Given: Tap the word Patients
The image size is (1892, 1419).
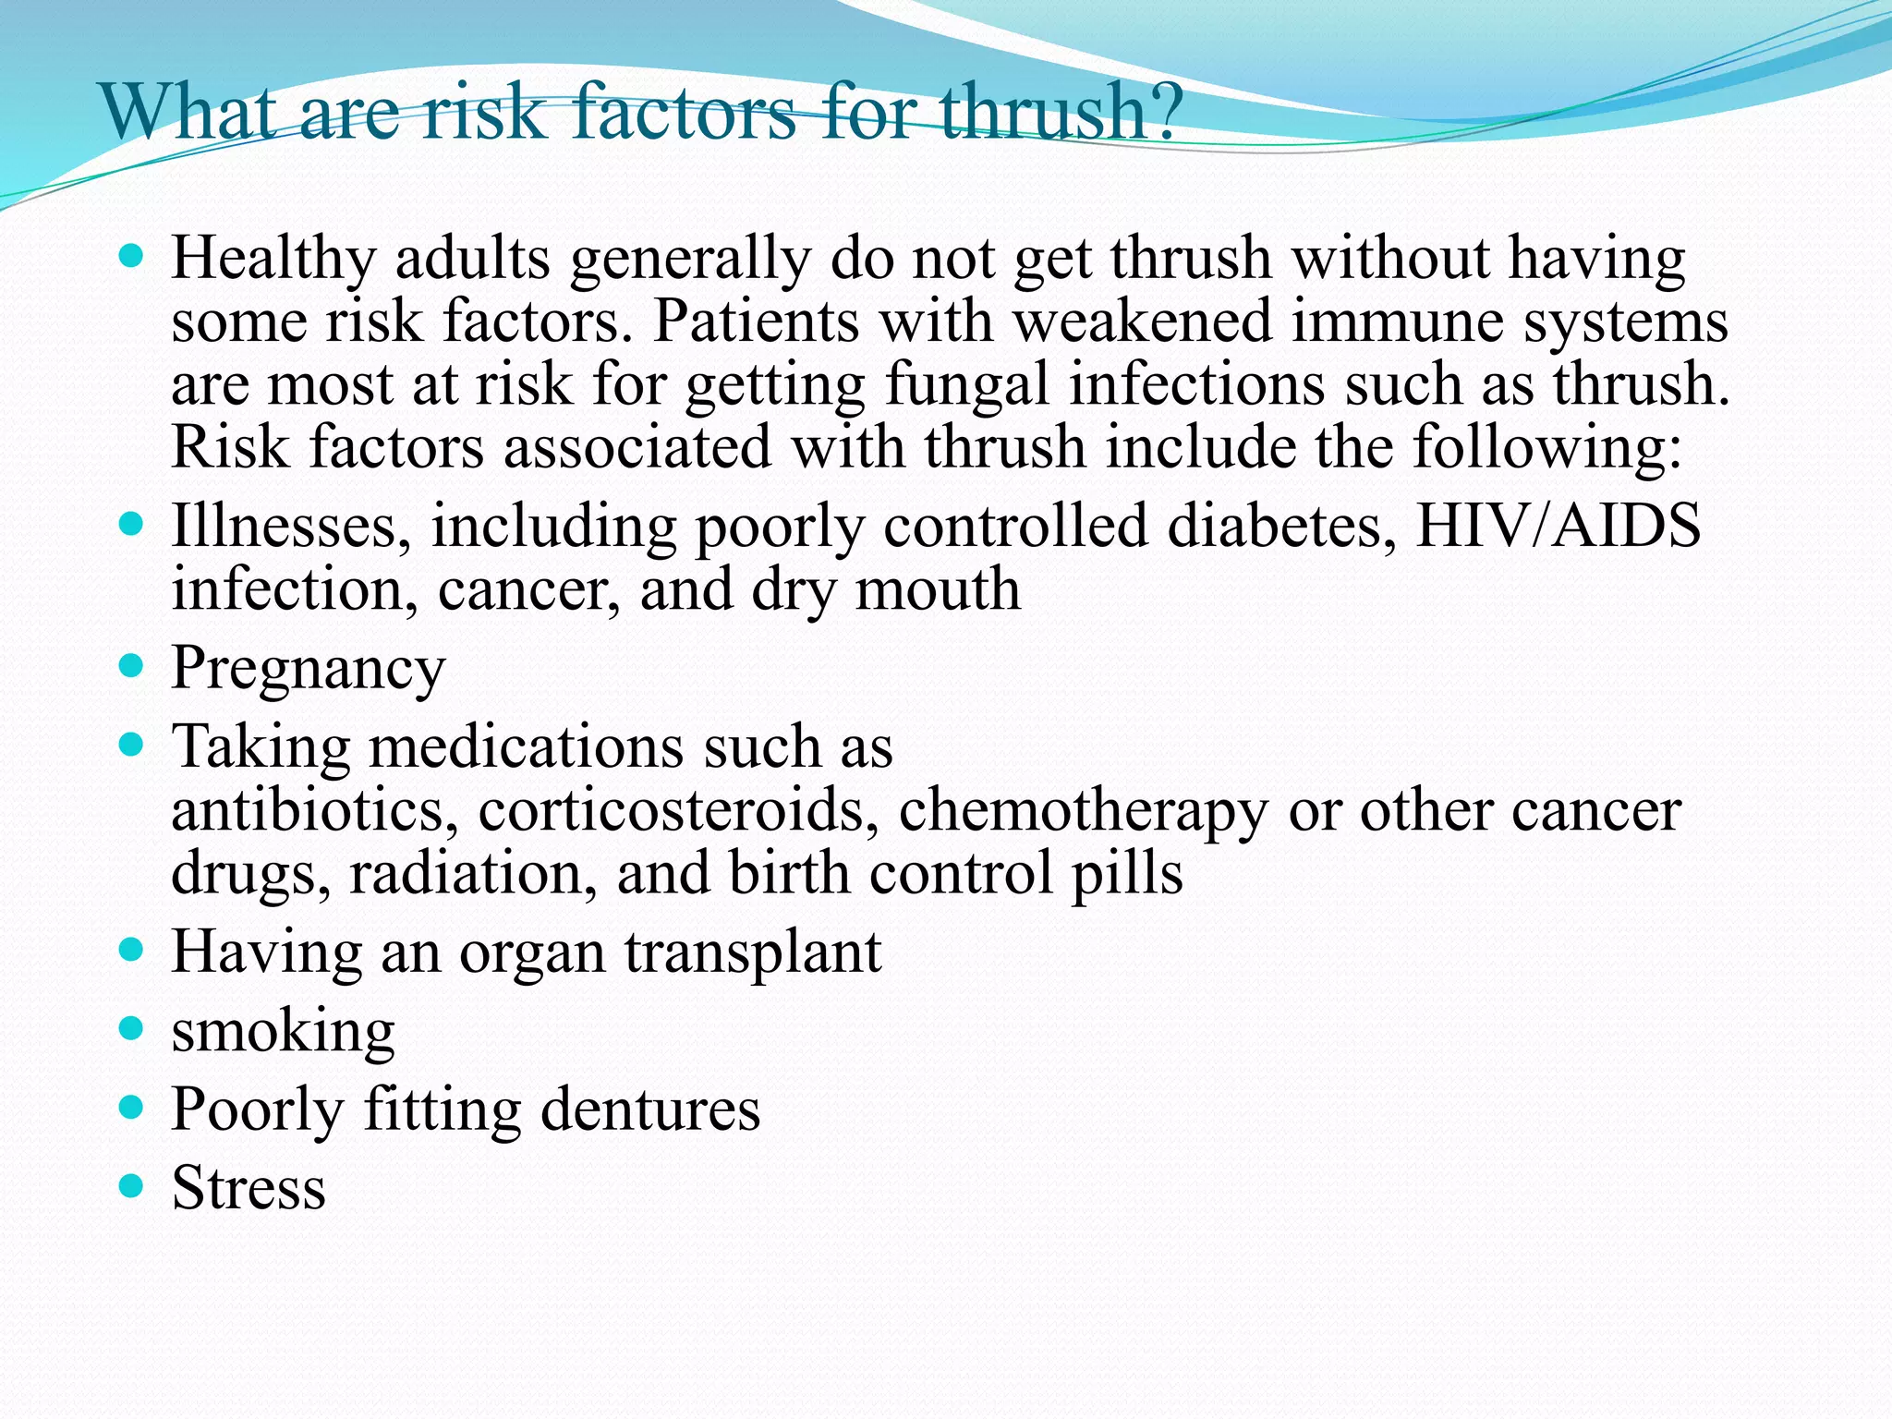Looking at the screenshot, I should click(756, 321).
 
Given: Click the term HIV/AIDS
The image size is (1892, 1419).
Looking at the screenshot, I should click(1558, 526).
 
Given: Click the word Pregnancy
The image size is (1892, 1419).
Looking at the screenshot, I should click(309, 669).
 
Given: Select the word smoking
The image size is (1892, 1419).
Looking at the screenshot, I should click(283, 1032).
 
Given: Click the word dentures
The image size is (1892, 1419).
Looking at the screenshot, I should click(650, 1109).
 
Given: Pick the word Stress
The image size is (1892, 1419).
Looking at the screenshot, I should click(249, 1187).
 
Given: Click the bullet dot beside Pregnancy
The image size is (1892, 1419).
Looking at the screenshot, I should click(132, 665).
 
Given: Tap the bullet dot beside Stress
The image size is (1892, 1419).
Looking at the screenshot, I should click(132, 1185).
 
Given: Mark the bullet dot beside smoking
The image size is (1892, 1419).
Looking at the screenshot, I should click(132, 1028).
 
